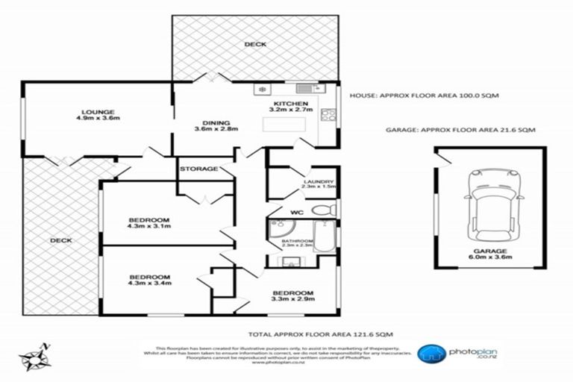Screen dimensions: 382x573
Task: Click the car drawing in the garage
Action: pyautogui.click(x=491, y=208)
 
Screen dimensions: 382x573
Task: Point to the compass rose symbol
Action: pyautogui.click(x=34, y=358)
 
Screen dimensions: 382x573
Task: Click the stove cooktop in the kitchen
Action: pyautogui.click(x=328, y=115)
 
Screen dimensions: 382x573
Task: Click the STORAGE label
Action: pyautogui.click(x=198, y=169)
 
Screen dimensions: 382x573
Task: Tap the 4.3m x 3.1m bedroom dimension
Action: pyautogui.click(x=149, y=229)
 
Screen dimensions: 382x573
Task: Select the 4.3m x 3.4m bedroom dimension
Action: pyautogui.click(x=149, y=284)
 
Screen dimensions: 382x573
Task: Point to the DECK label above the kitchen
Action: pyautogui.click(x=256, y=45)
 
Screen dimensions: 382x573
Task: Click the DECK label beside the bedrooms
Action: pyautogui.click(x=60, y=241)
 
